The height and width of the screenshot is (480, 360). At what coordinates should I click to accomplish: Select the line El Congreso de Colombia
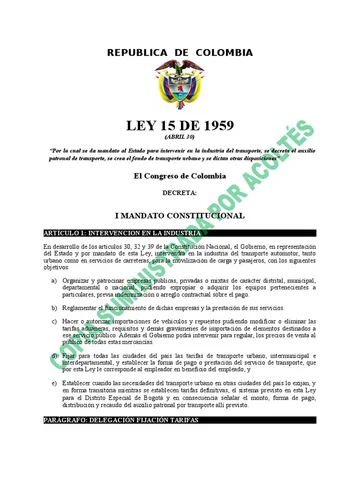[x=180, y=176]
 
